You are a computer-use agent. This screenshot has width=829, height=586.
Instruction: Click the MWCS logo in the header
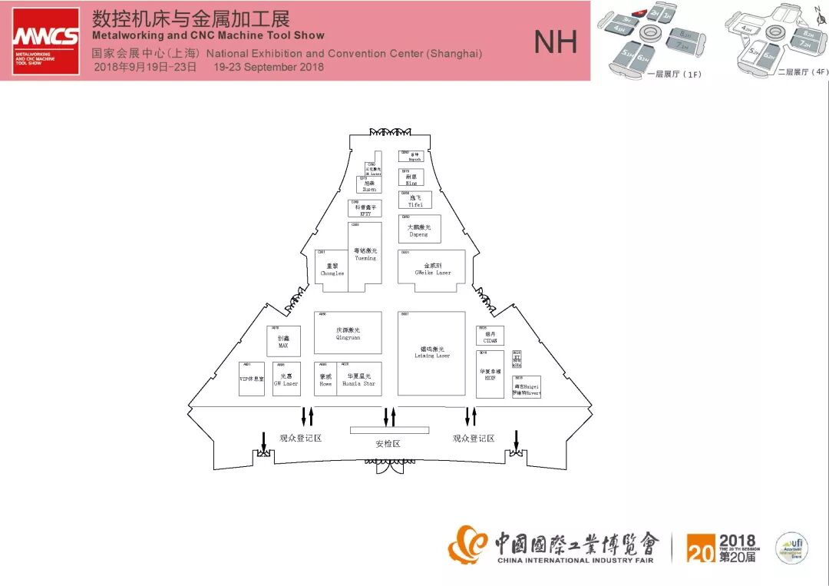tap(45, 41)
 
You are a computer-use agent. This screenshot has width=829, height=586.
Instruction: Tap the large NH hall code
tap(555, 42)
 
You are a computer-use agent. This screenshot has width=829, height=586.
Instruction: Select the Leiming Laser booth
tap(431, 353)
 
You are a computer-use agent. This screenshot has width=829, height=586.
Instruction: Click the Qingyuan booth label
tap(348, 333)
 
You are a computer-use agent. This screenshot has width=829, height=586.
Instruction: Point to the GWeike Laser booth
tap(431, 270)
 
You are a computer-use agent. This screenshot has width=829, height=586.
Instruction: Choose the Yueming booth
tap(365, 256)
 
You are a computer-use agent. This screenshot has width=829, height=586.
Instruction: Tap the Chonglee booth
tap(332, 271)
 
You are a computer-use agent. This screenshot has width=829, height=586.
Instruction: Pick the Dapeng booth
tap(419, 230)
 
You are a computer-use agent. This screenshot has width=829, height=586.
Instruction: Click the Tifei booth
tap(415, 200)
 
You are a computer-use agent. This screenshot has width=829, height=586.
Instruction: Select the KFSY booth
tap(365, 208)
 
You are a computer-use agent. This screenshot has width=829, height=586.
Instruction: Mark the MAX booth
tap(283, 341)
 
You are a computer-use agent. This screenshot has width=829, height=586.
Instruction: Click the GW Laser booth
tap(286, 379)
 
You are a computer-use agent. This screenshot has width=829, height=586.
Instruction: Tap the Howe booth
tap(325, 379)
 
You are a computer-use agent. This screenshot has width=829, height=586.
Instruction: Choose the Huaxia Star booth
tap(359, 379)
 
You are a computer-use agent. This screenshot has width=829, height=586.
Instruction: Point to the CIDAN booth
tap(490, 337)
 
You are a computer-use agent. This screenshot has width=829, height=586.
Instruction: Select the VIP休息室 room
tap(251, 379)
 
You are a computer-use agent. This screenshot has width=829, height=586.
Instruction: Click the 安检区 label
tap(388, 444)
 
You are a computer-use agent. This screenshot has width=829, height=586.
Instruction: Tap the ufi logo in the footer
tap(791, 548)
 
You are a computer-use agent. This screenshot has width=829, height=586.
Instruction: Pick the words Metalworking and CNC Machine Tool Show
tap(207, 35)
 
